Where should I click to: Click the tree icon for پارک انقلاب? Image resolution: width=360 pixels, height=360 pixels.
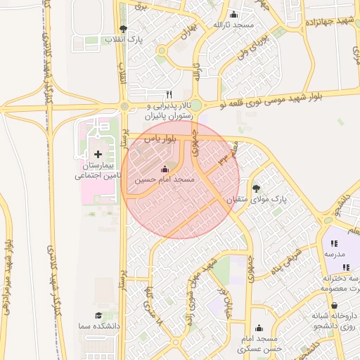tap(124, 29)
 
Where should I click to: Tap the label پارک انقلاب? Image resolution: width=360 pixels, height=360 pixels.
tap(124, 39)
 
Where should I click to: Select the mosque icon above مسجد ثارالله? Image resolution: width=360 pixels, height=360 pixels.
tap(233, 15)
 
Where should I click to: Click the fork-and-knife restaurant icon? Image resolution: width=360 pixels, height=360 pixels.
tap(169, 94)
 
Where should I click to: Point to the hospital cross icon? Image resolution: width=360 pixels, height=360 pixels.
tap(98, 153)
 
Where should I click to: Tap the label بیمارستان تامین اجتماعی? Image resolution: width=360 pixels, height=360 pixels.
tap(98, 169)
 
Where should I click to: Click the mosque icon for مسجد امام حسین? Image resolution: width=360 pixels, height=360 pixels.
tap(165, 169)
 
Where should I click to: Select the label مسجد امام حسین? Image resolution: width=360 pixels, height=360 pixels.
tap(165, 181)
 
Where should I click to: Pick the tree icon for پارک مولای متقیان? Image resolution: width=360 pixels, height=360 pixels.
tap(256, 188)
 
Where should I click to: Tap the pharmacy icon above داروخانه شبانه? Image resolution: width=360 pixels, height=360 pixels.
tap(333, 305)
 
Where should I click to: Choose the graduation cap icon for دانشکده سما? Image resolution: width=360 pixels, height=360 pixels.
tap(98, 316)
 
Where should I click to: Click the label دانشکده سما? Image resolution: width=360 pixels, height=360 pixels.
tap(98, 327)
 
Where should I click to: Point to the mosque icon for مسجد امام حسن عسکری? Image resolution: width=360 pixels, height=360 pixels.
tap(259, 328)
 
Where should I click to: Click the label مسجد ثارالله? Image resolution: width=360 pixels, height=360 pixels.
tap(233, 25)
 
